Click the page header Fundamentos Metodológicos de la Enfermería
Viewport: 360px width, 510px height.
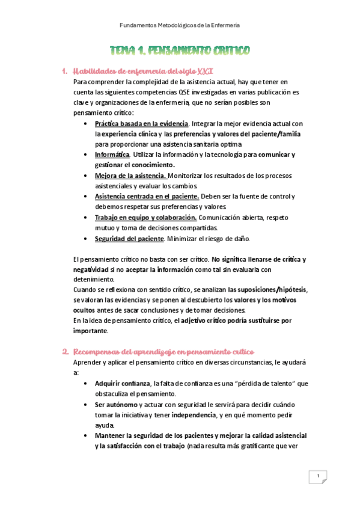pyautogui.click(x=180, y=25)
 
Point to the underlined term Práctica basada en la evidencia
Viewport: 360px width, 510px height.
pyautogui.click(x=133, y=123)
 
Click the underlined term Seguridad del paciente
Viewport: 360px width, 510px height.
pyautogui.click(x=129, y=239)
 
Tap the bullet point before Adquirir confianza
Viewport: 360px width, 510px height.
pyautogui.click(x=88, y=383)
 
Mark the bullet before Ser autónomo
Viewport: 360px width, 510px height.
pyautogui.click(x=88, y=404)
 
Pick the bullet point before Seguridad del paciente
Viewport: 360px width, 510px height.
pyautogui.click(x=88, y=239)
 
